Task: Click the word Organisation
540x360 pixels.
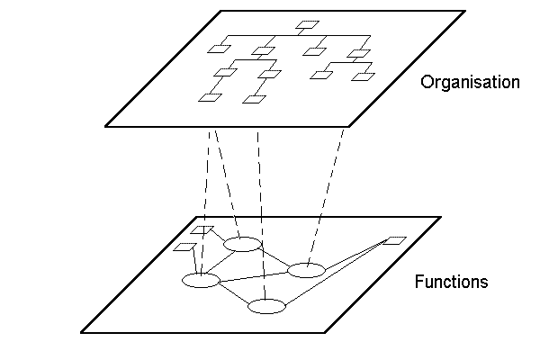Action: [x=470, y=83]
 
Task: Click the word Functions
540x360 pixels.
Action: [x=451, y=282]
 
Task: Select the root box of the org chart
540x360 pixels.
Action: [x=308, y=24]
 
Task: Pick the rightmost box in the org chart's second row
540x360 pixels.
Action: [x=359, y=54]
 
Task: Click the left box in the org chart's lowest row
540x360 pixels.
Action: [x=210, y=96]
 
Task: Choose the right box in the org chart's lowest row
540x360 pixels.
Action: [x=253, y=97]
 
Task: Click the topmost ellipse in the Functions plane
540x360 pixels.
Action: [x=242, y=244]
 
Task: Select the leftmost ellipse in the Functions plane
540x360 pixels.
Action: [x=201, y=280]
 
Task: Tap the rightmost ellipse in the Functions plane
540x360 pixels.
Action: [x=305, y=269]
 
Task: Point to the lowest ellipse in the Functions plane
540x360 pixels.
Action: [x=266, y=307]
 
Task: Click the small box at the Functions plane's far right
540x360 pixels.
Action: [x=395, y=240]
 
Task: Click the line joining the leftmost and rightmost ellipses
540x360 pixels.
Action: [x=253, y=274]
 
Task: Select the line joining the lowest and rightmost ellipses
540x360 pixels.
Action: [x=286, y=288]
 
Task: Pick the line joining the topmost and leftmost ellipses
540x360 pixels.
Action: [x=221, y=262]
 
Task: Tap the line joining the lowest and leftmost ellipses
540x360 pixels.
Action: [x=233, y=293]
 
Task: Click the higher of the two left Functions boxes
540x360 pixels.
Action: [x=204, y=230]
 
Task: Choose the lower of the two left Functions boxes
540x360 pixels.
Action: [x=184, y=247]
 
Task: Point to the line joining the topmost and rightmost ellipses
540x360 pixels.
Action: [x=274, y=256]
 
